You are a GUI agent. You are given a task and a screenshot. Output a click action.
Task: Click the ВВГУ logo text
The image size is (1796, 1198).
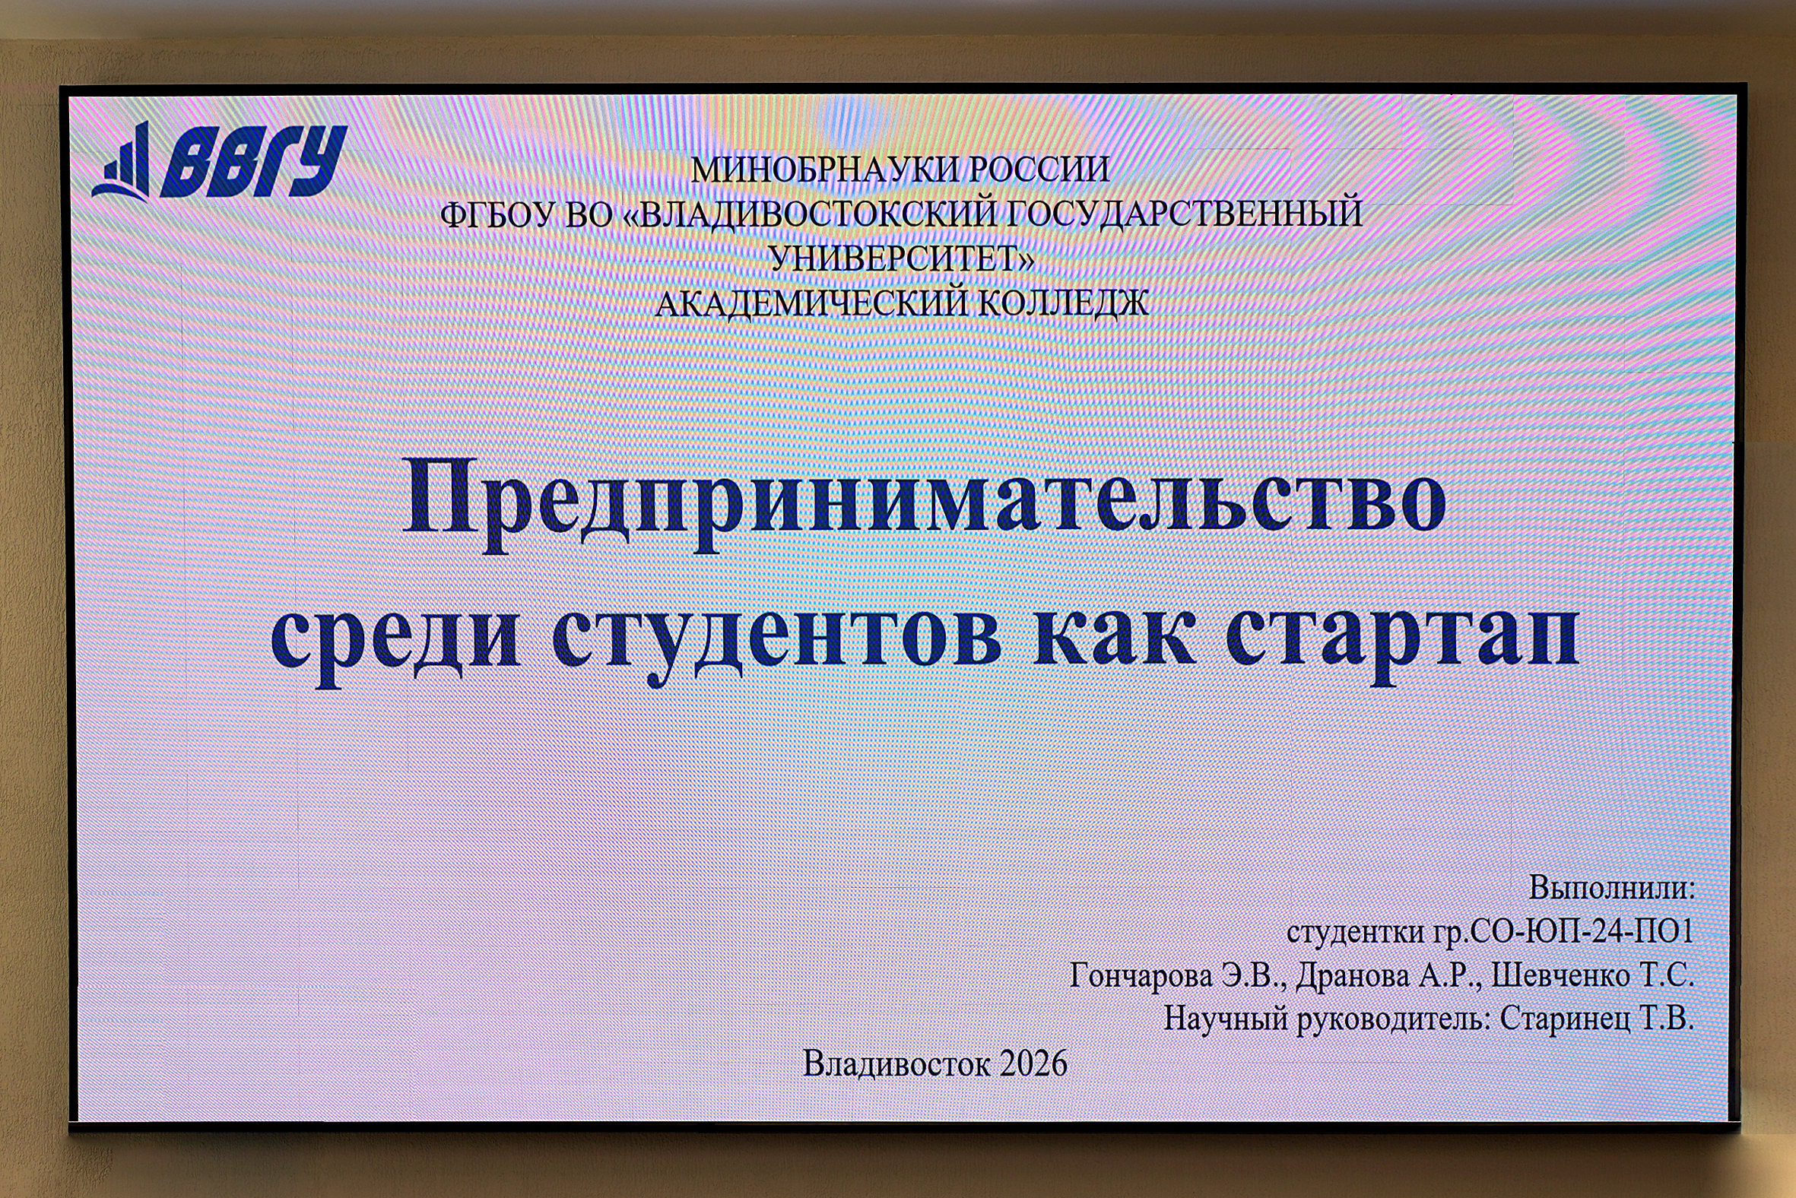[254, 161]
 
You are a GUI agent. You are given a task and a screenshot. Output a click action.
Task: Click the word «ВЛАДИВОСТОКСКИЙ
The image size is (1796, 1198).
[809, 214]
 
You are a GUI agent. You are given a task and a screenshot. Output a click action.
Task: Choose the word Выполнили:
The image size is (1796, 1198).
[1612, 887]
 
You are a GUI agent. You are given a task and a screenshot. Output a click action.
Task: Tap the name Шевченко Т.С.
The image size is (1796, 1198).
[1593, 976]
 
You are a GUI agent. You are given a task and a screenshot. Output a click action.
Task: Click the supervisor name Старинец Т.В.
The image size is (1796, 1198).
[1598, 1019]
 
